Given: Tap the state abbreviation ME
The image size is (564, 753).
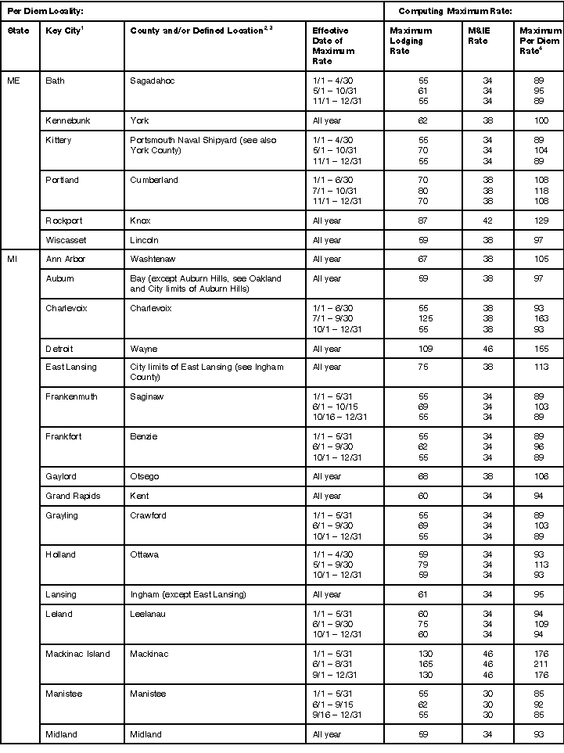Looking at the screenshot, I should [x=13, y=81].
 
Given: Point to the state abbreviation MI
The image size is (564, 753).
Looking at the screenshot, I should [x=12, y=259].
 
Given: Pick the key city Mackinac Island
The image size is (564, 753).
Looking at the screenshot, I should [x=77, y=654].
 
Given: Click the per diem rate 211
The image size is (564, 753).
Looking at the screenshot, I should [x=537, y=664].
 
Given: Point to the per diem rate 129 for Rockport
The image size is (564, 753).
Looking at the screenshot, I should [x=537, y=221].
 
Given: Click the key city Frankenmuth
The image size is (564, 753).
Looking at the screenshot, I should [x=72, y=397].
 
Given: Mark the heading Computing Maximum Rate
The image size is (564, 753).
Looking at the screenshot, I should [x=444, y=11].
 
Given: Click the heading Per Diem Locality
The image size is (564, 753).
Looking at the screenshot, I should [x=45, y=11].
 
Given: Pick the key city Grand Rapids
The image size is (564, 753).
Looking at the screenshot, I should [x=73, y=495].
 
